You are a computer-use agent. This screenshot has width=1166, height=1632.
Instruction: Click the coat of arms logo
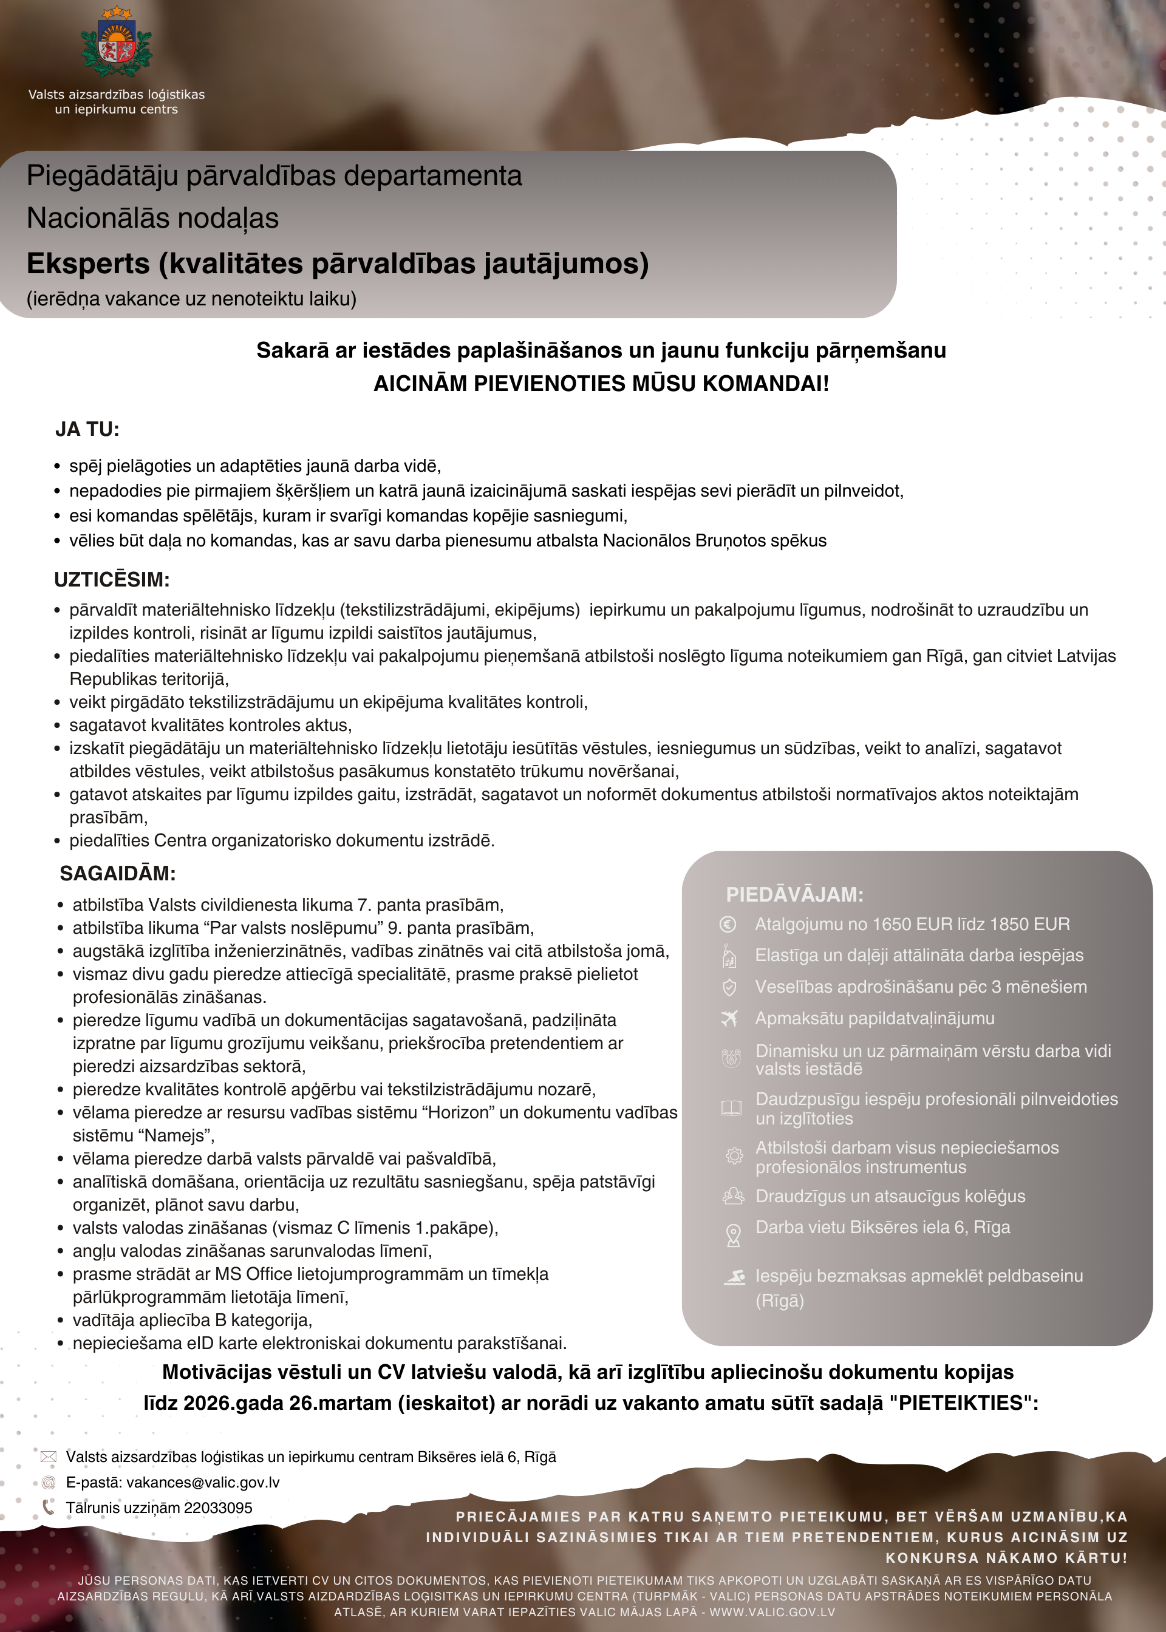coord(117,44)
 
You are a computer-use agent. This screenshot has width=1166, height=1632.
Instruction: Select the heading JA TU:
coord(87,429)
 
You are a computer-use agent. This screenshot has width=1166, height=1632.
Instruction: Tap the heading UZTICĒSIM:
coord(112,579)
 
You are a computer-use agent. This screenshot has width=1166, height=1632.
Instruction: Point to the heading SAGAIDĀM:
coord(118,874)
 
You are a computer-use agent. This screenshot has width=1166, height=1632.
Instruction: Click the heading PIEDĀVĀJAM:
coord(795,894)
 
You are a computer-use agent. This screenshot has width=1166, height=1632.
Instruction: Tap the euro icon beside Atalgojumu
coord(728,924)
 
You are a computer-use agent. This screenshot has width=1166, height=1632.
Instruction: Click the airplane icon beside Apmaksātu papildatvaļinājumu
coord(729,1018)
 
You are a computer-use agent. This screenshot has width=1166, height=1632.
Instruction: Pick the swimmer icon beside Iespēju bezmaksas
coord(734,1277)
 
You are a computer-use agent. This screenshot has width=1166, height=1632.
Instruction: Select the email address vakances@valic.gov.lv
coord(203,1482)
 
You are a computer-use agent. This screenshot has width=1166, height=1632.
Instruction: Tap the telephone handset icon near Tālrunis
coord(48,1507)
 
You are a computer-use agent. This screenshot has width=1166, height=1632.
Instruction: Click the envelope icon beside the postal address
coord(48,1457)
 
